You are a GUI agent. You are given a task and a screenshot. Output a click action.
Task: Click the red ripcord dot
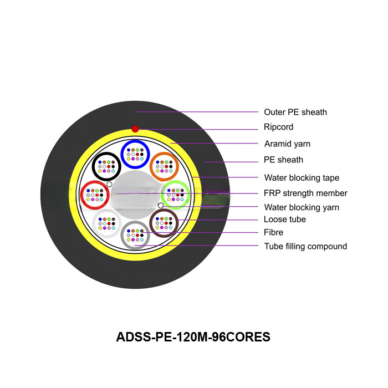pos(135,129)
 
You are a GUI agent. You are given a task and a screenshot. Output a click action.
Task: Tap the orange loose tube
pos(164,165)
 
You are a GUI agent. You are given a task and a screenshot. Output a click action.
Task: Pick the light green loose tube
pos(175,195)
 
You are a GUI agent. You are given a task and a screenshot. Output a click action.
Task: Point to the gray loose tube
pos(135,235)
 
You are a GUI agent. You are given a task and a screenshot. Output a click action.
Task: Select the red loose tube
pos(95,195)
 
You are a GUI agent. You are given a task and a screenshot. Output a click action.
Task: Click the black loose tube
pos(107,165)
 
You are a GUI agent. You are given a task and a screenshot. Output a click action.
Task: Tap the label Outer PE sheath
pos(295,112)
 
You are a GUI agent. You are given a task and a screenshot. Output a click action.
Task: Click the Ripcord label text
pos(279,127)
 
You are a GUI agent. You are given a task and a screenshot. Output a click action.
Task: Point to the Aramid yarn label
pos(287,144)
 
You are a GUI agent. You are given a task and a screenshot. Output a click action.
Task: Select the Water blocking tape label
pos(302,178)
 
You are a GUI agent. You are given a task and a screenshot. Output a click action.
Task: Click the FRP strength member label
pos(305,193)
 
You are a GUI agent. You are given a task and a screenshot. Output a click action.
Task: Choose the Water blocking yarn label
pos(302,207)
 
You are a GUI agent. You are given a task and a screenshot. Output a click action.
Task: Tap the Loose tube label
pos(285,219)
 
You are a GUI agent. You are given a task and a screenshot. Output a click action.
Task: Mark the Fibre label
pos(274,232)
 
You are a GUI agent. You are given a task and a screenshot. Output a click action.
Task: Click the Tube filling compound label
pos(305,246)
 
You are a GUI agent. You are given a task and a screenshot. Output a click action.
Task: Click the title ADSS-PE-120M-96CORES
pos(193,336)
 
